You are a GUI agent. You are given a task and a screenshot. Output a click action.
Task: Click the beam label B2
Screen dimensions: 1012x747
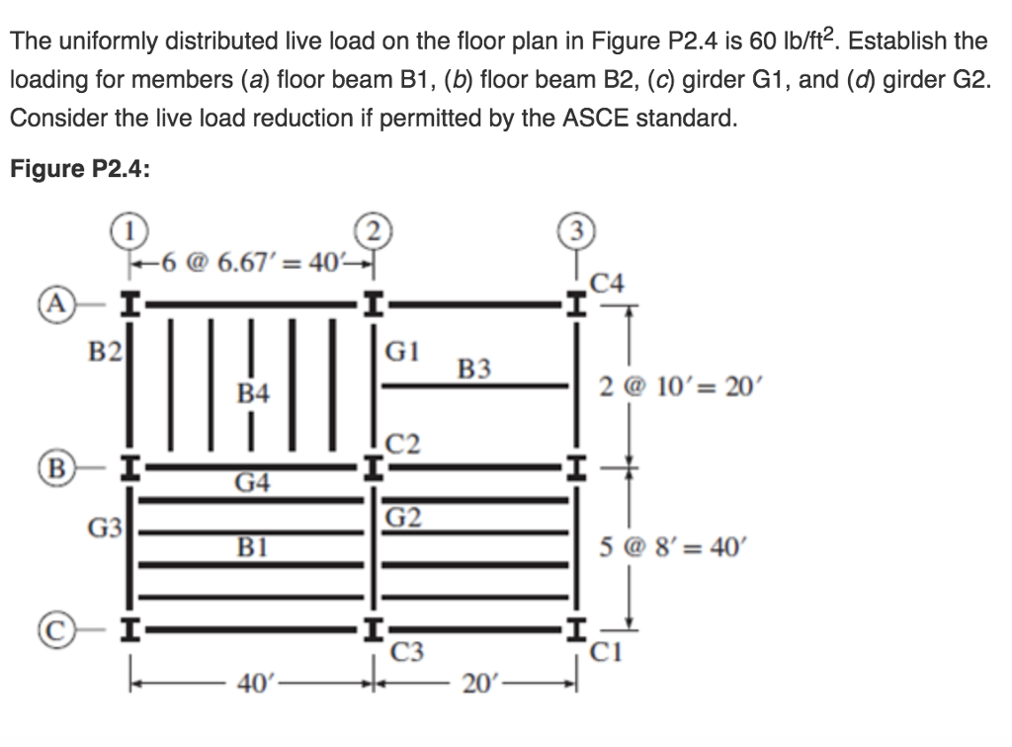click(102, 351)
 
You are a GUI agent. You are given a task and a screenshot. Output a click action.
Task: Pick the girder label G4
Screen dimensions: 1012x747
click(254, 483)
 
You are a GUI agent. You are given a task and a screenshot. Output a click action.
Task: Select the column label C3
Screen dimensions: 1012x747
click(408, 652)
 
